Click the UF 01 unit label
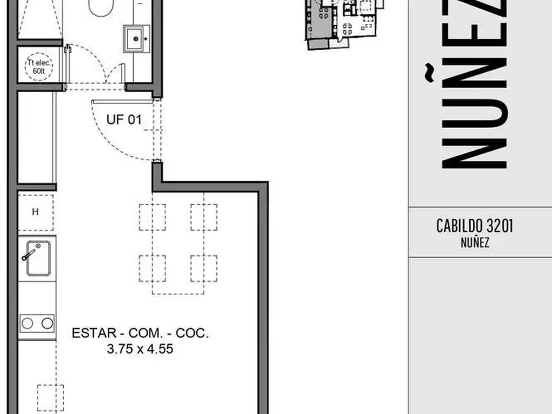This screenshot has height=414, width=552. pyautogui.click(x=124, y=120)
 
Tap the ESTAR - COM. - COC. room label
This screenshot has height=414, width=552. pyautogui.click(x=140, y=333)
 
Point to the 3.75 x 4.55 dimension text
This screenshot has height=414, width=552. pyautogui.click(x=140, y=349)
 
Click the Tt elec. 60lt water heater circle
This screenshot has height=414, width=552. pyautogui.click(x=39, y=66)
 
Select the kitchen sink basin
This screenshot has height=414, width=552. pyautogui.click(x=38, y=258)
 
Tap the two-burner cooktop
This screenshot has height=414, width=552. pyautogui.click(x=37, y=323)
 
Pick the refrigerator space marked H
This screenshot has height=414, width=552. pyautogui.click(x=36, y=212)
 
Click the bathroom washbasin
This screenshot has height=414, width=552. pyautogui.click(x=136, y=39)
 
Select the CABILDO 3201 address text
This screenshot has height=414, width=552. pyautogui.click(x=474, y=226)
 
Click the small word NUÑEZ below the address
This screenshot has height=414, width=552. pyautogui.click(x=475, y=243)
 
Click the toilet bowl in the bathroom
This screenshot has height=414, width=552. pyautogui.click(x=101, y=7)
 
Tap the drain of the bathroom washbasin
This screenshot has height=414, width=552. pyautogui.click(x=136, y=39)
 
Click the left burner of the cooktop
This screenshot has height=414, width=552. pyautogui.click(x=27, y=323)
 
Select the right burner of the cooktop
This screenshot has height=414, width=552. pyautogui.click(x=47, y=323)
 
